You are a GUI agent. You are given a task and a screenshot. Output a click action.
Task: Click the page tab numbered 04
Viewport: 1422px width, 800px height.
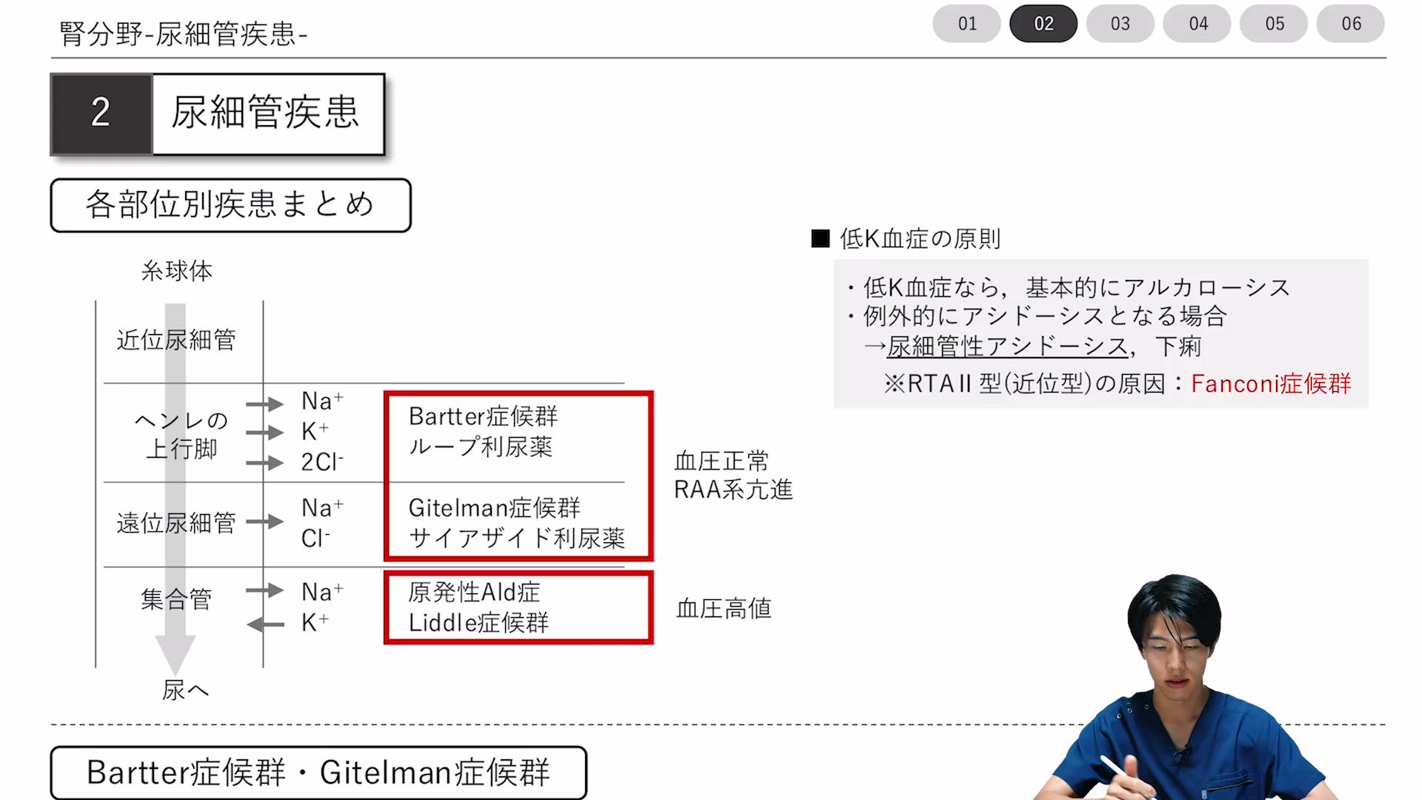click(1198, 24)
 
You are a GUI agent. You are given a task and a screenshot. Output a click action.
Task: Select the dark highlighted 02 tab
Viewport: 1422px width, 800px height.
click(1044, 24)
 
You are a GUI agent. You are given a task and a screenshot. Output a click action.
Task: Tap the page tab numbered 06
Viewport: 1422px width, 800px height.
click(1351, 24)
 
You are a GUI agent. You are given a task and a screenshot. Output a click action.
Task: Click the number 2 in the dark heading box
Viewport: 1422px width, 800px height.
click(101, 113)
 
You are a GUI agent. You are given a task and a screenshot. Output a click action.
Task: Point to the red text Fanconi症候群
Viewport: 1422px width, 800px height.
click(1271, 384)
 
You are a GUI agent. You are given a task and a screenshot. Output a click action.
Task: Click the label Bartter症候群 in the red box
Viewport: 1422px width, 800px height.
click(483, 416)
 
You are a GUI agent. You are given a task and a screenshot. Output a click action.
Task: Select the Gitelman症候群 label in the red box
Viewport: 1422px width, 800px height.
click(494, 508)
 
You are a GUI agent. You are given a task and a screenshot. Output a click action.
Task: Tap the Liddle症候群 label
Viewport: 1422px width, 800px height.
click(478, 623)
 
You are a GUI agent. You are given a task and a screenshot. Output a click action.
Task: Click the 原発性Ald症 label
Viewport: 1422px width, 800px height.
click(474, 593)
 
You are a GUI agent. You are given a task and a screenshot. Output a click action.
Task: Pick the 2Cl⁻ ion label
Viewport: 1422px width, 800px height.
click(322, 462)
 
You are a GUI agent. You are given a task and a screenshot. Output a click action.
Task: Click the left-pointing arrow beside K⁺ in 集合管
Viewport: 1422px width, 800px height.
click(265, 625)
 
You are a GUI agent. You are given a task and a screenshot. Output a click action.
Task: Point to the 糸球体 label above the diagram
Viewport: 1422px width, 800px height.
click(177, 271)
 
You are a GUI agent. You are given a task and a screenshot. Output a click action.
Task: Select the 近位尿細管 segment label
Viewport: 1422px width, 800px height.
click(176, 341)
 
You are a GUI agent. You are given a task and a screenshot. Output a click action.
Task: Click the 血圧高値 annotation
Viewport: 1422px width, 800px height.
click(724, 609)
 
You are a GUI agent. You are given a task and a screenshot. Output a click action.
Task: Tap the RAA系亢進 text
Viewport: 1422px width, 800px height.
click(733, 490)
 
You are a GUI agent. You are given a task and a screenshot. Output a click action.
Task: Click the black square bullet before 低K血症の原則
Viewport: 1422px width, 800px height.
click(820, 239)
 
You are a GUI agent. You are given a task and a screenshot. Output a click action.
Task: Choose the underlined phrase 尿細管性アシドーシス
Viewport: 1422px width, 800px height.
click(1007, 347)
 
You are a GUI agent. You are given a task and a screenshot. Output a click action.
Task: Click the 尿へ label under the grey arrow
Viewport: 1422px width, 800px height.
click(185, 690)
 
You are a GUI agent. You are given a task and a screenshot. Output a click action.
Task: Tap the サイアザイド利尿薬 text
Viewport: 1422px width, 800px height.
click(517, 539)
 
